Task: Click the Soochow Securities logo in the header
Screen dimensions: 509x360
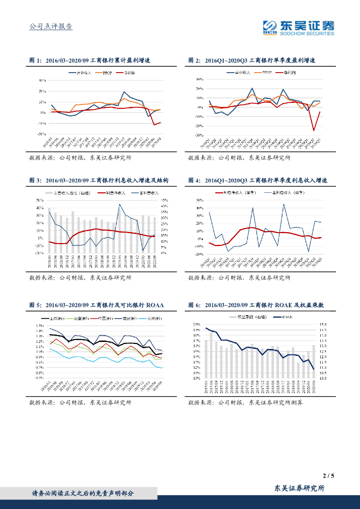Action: pos(298,28)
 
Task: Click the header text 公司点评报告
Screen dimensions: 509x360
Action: pos(51,26)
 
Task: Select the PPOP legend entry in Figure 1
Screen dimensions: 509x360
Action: pos(107,73)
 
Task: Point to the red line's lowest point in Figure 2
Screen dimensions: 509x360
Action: pos(314,131)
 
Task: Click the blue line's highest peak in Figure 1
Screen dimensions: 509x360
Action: pos(124,92)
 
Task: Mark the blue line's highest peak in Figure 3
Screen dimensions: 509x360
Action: pos(119,204)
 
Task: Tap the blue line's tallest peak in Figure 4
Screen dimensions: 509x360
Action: pos(284,204)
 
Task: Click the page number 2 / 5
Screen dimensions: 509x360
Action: pos(328,476)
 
